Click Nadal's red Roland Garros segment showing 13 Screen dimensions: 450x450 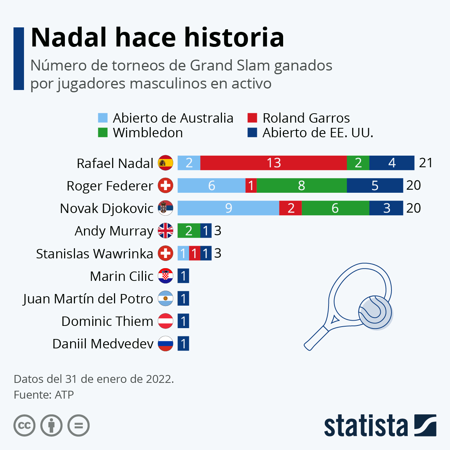(x=273, y=163)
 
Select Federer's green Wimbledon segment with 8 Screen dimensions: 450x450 (x=301, y=186)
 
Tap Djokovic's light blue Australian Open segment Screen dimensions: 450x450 (x=228, y=208)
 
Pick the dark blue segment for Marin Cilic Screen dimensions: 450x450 (x=183, y=276)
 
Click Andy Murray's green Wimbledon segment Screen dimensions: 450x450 (x=189, y=231)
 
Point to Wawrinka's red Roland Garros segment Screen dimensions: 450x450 (x=194, y=253)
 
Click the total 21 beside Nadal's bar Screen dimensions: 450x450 (x=426, y=163)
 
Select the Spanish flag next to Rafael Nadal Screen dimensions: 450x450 (x=165, y=163)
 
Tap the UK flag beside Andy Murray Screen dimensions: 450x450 (x=165, y=231)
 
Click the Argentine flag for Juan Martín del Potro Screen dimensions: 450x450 (x=165, y=298)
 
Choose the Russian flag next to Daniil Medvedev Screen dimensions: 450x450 (x=165, y=343)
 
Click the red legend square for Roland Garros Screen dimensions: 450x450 (x=252, y=118)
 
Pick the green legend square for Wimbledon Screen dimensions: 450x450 (x=103, y=133)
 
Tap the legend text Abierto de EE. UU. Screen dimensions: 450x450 (x=318, y=133)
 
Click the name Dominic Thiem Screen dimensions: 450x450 (x=107, y=321)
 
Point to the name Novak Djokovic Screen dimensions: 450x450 (x=107, y=208)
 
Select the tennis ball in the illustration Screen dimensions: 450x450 (x=375, y=313)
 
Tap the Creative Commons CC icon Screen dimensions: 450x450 (x=24, y=426)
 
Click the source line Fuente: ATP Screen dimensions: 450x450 (x=43, y=395)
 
